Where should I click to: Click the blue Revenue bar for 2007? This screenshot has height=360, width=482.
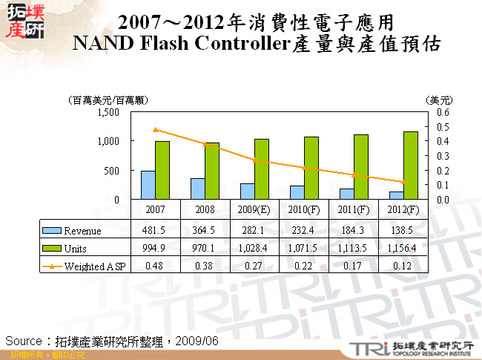coord(148,185)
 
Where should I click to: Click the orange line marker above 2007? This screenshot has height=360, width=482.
coord(155,130)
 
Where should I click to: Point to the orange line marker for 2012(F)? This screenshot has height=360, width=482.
coord(404,182)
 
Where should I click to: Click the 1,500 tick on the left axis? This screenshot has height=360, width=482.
coord(108,112)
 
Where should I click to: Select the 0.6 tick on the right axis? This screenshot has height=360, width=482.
coord(442,112)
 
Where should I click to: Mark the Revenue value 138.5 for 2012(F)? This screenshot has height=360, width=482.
coord(404,230)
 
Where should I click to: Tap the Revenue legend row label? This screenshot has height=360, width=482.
coord(82,230)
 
